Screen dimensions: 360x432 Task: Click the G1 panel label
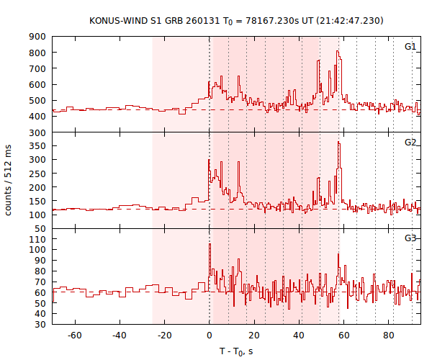pos(410,46)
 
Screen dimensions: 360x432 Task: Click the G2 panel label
pos(410,142)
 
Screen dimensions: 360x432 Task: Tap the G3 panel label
pos(410,238)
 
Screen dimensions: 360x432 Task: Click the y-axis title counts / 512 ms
pos(9,180)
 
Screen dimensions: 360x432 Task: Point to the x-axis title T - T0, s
pos(236,351)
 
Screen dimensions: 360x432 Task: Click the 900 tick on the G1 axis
pos(38,37)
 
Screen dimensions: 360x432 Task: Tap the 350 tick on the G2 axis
pos(38,146)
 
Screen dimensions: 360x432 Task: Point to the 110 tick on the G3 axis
pos(38,238)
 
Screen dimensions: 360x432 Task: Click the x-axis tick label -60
pos(74,335)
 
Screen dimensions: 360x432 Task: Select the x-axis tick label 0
pos(210,335)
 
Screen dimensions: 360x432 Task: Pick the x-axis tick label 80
pos(390,335)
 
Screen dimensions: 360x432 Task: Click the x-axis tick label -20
pos(164,335)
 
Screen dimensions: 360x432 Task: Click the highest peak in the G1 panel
pos(337,52)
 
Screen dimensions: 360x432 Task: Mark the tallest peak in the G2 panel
pos(338,143)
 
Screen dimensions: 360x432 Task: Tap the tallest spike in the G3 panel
pos(210,244)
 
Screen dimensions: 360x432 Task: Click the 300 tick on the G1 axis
pos(38,133)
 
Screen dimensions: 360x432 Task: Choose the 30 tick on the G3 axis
pos(40,325)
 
